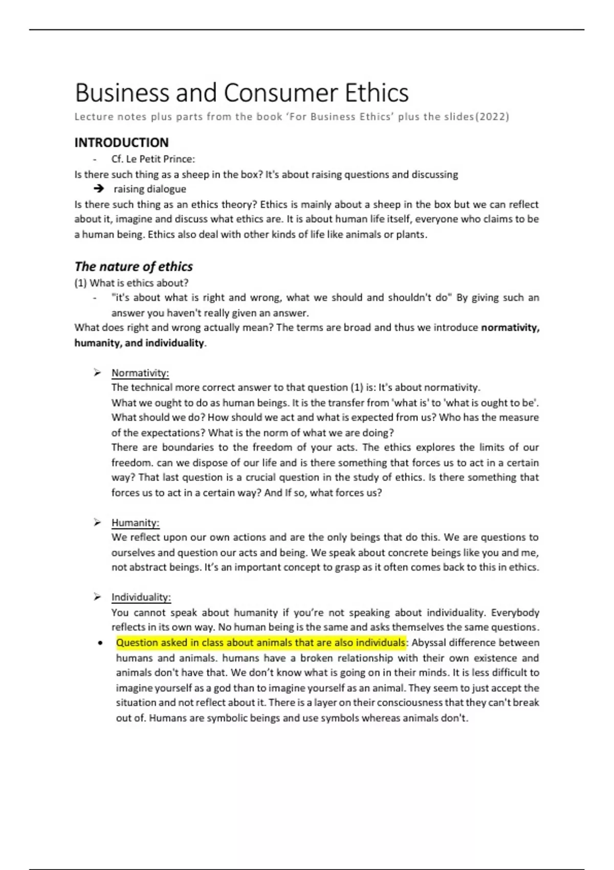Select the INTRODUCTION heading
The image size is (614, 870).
click(x=121, y=142)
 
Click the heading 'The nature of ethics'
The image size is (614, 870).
click(x=134, y=267)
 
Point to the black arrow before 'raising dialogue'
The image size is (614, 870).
click(x=99, y=189)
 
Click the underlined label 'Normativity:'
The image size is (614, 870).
click(x=140, y=373)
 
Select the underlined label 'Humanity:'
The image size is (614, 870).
click(x=136, y=523)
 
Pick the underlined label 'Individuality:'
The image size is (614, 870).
click(x=141, y=597)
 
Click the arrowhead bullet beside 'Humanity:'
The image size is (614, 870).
click(x=97, y=522)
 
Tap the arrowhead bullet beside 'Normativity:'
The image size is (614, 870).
click(x=97, y=372)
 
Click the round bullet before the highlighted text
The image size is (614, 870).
click(x=100, y=643)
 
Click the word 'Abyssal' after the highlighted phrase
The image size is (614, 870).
click(x=428, y=643)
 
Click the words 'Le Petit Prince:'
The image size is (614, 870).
click(x=161, y=159)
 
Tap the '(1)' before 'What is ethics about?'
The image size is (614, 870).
click(x=80, y=283)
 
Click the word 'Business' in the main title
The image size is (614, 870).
click(x=122, y=93)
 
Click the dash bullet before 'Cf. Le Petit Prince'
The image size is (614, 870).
click(x=95, y=159)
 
